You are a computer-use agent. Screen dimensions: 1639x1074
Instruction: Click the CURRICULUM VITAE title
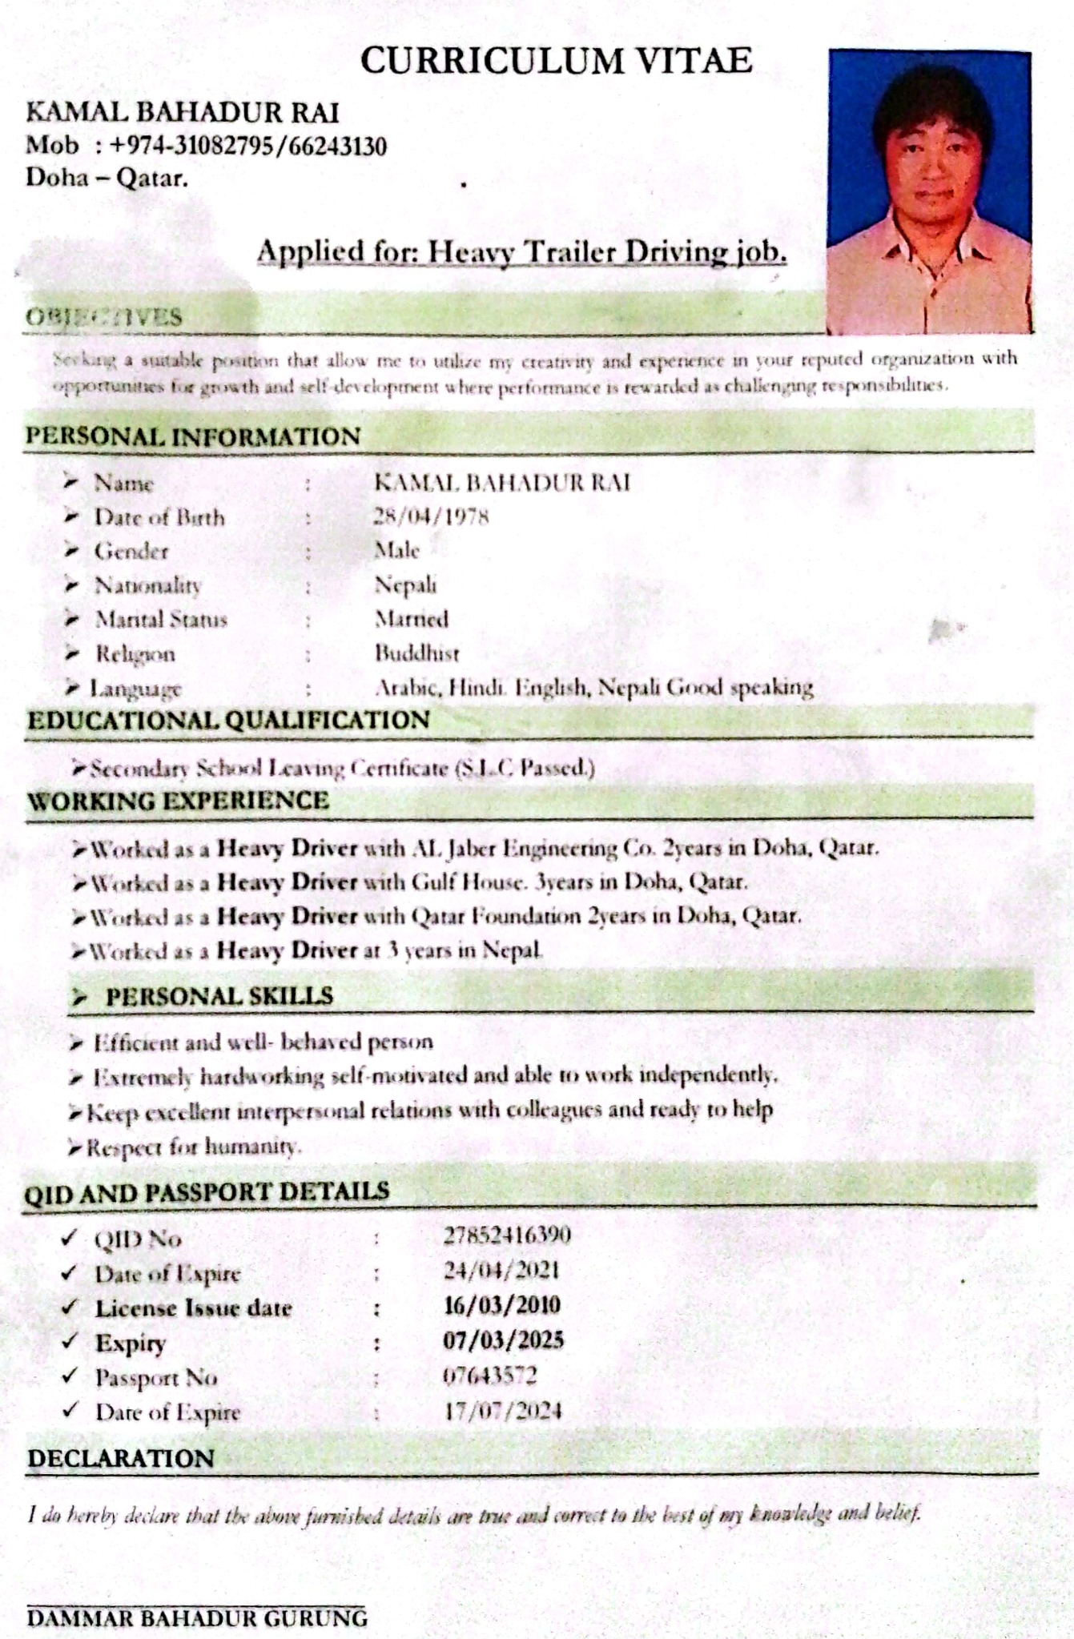pyautogui.click(x=556, y=61)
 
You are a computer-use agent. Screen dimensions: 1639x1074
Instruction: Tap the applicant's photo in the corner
pyautogui.click(x=929, y=192)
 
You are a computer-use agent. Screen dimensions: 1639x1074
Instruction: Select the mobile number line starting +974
pyautogui.click(x=207, y=147)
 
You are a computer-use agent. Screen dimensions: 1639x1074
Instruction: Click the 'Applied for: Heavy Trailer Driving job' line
pyautogui.click(x=521, y=252)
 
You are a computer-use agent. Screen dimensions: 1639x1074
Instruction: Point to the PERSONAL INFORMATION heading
pyautogui.click(x=193, y=436)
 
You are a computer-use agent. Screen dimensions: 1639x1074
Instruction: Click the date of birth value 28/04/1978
pyautogui.click(x=431, y=516)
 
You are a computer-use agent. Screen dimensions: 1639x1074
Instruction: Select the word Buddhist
pyautogui.click(x=416, y=653)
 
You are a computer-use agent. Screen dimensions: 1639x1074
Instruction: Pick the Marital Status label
pyautogui.click(x=161, y=620)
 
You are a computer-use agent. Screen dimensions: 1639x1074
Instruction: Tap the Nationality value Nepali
pyautogui.click(x=405, y=585)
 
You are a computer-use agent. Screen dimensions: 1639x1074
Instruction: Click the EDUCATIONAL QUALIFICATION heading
pyautogui.click(x=228, y=720)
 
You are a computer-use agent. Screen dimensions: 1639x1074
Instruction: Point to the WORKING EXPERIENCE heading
pyautogui.click(x=178, y=801)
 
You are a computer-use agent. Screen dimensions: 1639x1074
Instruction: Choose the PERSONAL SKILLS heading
pyautogui.click(x=219, y=996)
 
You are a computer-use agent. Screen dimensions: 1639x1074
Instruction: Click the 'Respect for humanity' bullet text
pyautogui.click(x=194, y=1147)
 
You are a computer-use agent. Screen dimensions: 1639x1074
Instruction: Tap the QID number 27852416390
pyautogui.click(x=507, y=1235)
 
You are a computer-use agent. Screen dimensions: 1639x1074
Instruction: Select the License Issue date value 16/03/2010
pyautogui.click(x=501, y=1305)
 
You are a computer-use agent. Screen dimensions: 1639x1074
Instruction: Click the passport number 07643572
pyautogui.click(x=489, y=1376)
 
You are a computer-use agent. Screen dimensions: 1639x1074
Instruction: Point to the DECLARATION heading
pyautogui.click(x=121, y=1458)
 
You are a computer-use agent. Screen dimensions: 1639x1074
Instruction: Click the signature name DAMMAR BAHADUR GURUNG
pyautogui.click(x=197, y=1618)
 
